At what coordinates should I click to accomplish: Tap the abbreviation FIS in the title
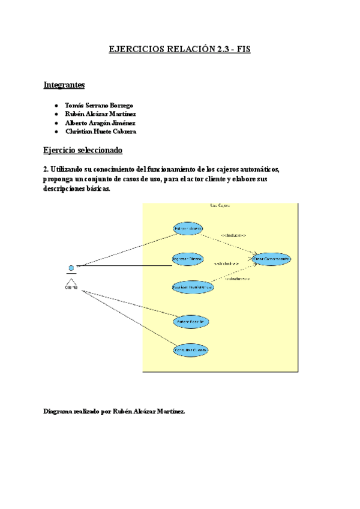pyautogui.click(x=243, y=50)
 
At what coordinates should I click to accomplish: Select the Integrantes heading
pyautogui.click(x=64, y=85)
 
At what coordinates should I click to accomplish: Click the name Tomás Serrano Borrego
pyautogui.click(x=99, y=106)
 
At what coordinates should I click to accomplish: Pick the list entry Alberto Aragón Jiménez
pyautogui.click(x=100, y=122)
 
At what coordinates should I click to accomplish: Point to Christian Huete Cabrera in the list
pyautogui.click(x=100, y=131)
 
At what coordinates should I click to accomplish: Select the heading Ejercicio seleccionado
pyautogui.click(x=83, y=149)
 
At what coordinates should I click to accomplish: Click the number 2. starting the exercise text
pyautogui.click(x=47, y=169)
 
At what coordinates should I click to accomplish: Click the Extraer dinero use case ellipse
pyautogui.click(x=188, y=229)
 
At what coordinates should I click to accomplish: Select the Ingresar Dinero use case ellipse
pyautogui.click(x=187, y=259)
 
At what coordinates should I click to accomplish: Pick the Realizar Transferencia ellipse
pyautogui.click(x=193, y=288)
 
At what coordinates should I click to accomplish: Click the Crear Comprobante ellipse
pyautogui.click(x=272, y=259)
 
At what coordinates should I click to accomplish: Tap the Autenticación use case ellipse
pyautogui.click(x=192, y=322)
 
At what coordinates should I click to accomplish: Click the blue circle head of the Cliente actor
pyautogui.click(x=71, y=267)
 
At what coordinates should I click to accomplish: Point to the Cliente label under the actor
pyautogui.click(x=71, y=287)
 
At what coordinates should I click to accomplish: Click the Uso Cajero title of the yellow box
pyautogui.click(x=220, y=206)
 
